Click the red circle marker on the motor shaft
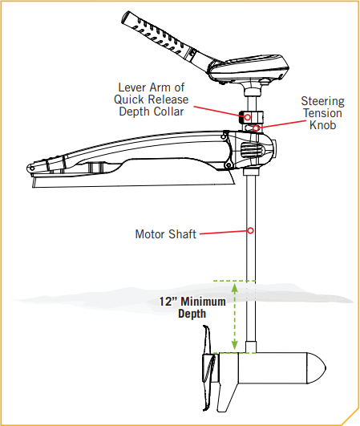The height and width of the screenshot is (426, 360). [250, 231]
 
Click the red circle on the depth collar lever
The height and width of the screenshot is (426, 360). [247, 117]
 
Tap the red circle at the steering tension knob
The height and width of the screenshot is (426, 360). [256, 128]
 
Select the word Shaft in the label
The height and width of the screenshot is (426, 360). [182, 234]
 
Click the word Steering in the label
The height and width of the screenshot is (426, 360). [323, 102]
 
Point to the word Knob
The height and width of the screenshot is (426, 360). [323, 125]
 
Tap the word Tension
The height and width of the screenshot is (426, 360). [323, 113]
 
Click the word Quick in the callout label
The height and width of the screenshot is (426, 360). [127, 100]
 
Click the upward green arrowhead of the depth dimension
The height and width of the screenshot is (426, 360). [235, 286]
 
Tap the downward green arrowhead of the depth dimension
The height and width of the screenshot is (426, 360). [235, 345]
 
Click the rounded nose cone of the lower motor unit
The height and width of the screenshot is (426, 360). [316, 368]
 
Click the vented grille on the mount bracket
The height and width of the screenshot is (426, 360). [252, 150]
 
